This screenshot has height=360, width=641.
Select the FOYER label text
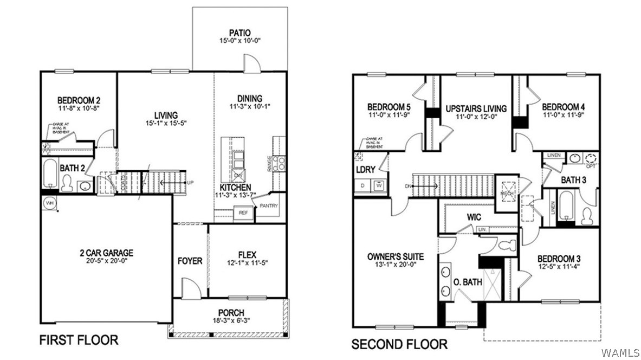click(190, 261)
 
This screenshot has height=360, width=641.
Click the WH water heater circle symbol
click(50, 203)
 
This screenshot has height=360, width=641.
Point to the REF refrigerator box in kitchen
click(243, 213)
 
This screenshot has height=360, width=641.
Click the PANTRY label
click(269, 206)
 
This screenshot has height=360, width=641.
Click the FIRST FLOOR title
click(79, 340)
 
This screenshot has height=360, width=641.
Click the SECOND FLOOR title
click(399, 344)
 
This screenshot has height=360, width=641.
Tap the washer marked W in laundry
click(379, 185)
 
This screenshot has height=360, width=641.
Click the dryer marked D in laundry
click(362, 185)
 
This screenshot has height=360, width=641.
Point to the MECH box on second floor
click(508, 192)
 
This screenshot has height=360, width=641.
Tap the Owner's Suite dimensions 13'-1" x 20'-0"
click(395, 266)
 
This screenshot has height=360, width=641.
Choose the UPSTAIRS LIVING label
click(476, 108)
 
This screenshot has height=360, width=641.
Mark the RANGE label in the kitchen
click(269, 164)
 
